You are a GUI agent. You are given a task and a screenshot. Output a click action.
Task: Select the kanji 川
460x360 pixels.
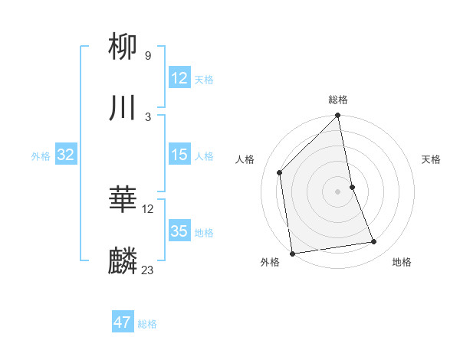coord(123,108)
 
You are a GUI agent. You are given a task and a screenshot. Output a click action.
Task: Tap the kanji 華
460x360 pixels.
coord(123,201)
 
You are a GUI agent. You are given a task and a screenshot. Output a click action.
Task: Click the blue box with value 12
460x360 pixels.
coord(179,78)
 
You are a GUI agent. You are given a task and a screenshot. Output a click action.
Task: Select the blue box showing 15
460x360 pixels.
coord(179,155)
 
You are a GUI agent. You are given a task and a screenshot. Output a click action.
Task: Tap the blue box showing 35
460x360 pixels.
coord(179,231)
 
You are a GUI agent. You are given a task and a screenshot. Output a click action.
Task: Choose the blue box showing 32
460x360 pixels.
coord(66,155)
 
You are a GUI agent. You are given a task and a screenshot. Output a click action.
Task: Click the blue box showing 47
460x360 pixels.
coord(123,322)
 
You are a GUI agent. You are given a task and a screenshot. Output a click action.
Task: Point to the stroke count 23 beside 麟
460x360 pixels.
coord(148,270)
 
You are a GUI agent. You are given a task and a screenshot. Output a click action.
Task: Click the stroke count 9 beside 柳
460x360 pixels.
coord(148,55)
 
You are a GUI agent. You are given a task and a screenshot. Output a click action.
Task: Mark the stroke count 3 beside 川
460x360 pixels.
coord(148,116)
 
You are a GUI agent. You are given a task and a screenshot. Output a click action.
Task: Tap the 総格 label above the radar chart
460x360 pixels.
coord(338,100)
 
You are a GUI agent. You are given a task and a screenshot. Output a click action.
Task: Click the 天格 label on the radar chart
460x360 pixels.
coord(431,159)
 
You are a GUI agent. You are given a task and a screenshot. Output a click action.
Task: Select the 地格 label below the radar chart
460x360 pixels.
coord(402,262)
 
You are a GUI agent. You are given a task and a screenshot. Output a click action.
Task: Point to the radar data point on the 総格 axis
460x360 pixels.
coord(338,116)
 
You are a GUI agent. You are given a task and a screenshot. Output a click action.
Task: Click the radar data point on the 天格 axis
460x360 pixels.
coord(353,187)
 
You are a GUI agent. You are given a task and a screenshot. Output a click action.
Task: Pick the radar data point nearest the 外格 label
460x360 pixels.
coord(292,253)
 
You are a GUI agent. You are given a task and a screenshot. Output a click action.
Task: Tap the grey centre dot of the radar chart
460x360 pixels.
coord(338,191)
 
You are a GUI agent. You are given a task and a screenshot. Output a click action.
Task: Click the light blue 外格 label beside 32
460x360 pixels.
coord(41,156)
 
